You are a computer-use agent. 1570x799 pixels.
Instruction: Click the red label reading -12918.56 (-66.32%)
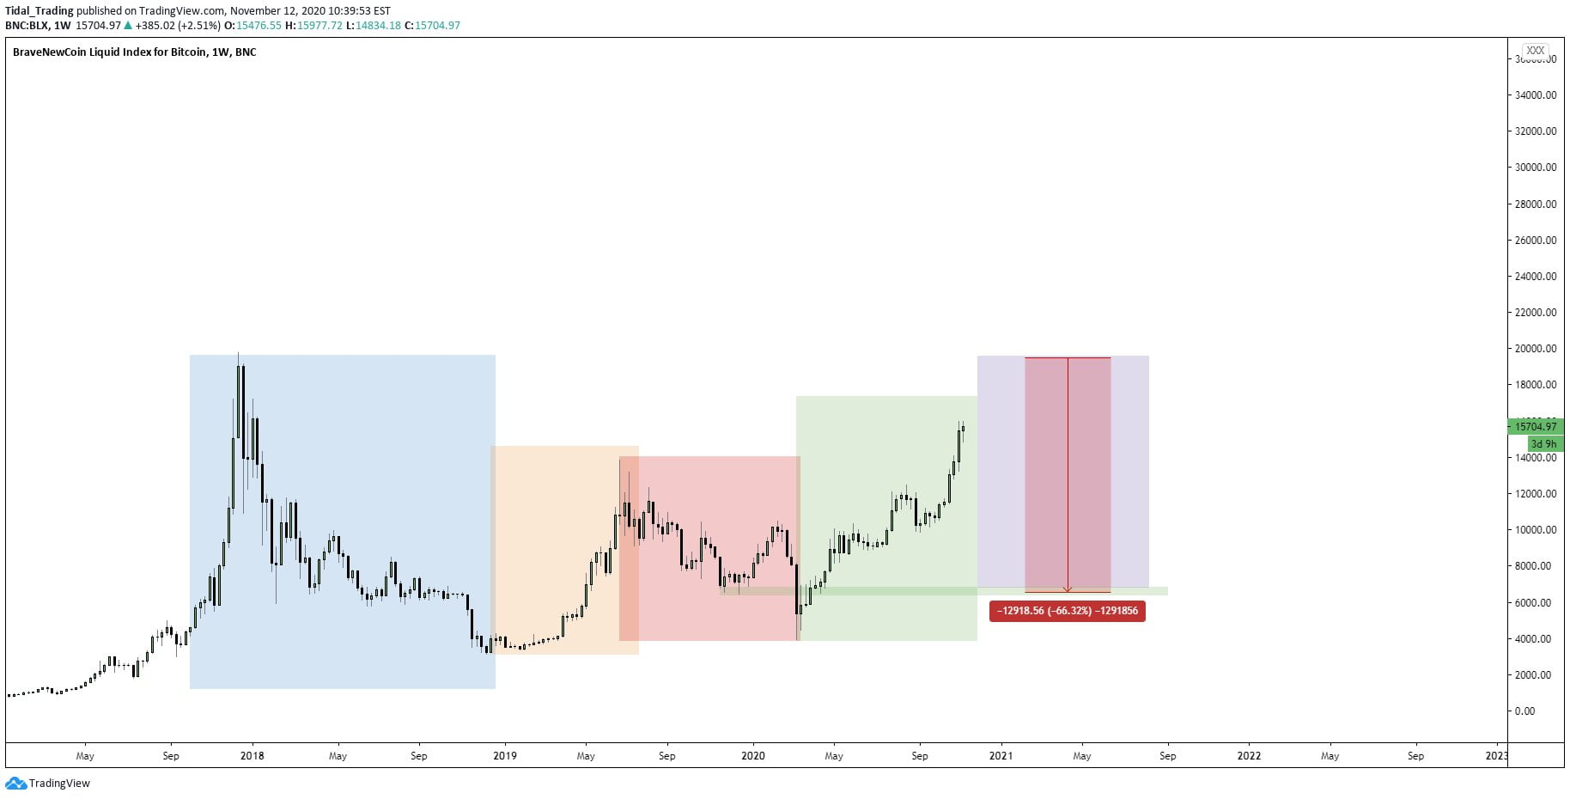tap(1067, 611)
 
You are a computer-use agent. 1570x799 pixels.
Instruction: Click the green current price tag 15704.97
tap(1536, 426)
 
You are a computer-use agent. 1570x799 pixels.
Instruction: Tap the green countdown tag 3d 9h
tap(1544, 444)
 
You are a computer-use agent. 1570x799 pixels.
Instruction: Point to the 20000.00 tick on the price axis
tap(1536, 349)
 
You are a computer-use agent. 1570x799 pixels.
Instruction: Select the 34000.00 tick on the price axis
tap(1536, 95)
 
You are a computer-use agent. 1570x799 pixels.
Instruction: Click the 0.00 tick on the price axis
tap(1525, 711)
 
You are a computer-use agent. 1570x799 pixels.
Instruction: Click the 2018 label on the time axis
tap(252, 756)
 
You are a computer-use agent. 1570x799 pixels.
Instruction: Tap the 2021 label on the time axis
tap(1001, 756)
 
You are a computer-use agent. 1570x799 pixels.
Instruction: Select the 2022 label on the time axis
tap(1249, 756)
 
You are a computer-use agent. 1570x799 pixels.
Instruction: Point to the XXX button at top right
tap(1536, 51)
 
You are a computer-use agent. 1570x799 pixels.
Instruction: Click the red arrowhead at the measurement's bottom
tap(1068, 589)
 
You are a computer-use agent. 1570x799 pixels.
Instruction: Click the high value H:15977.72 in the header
tap(313, 26)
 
